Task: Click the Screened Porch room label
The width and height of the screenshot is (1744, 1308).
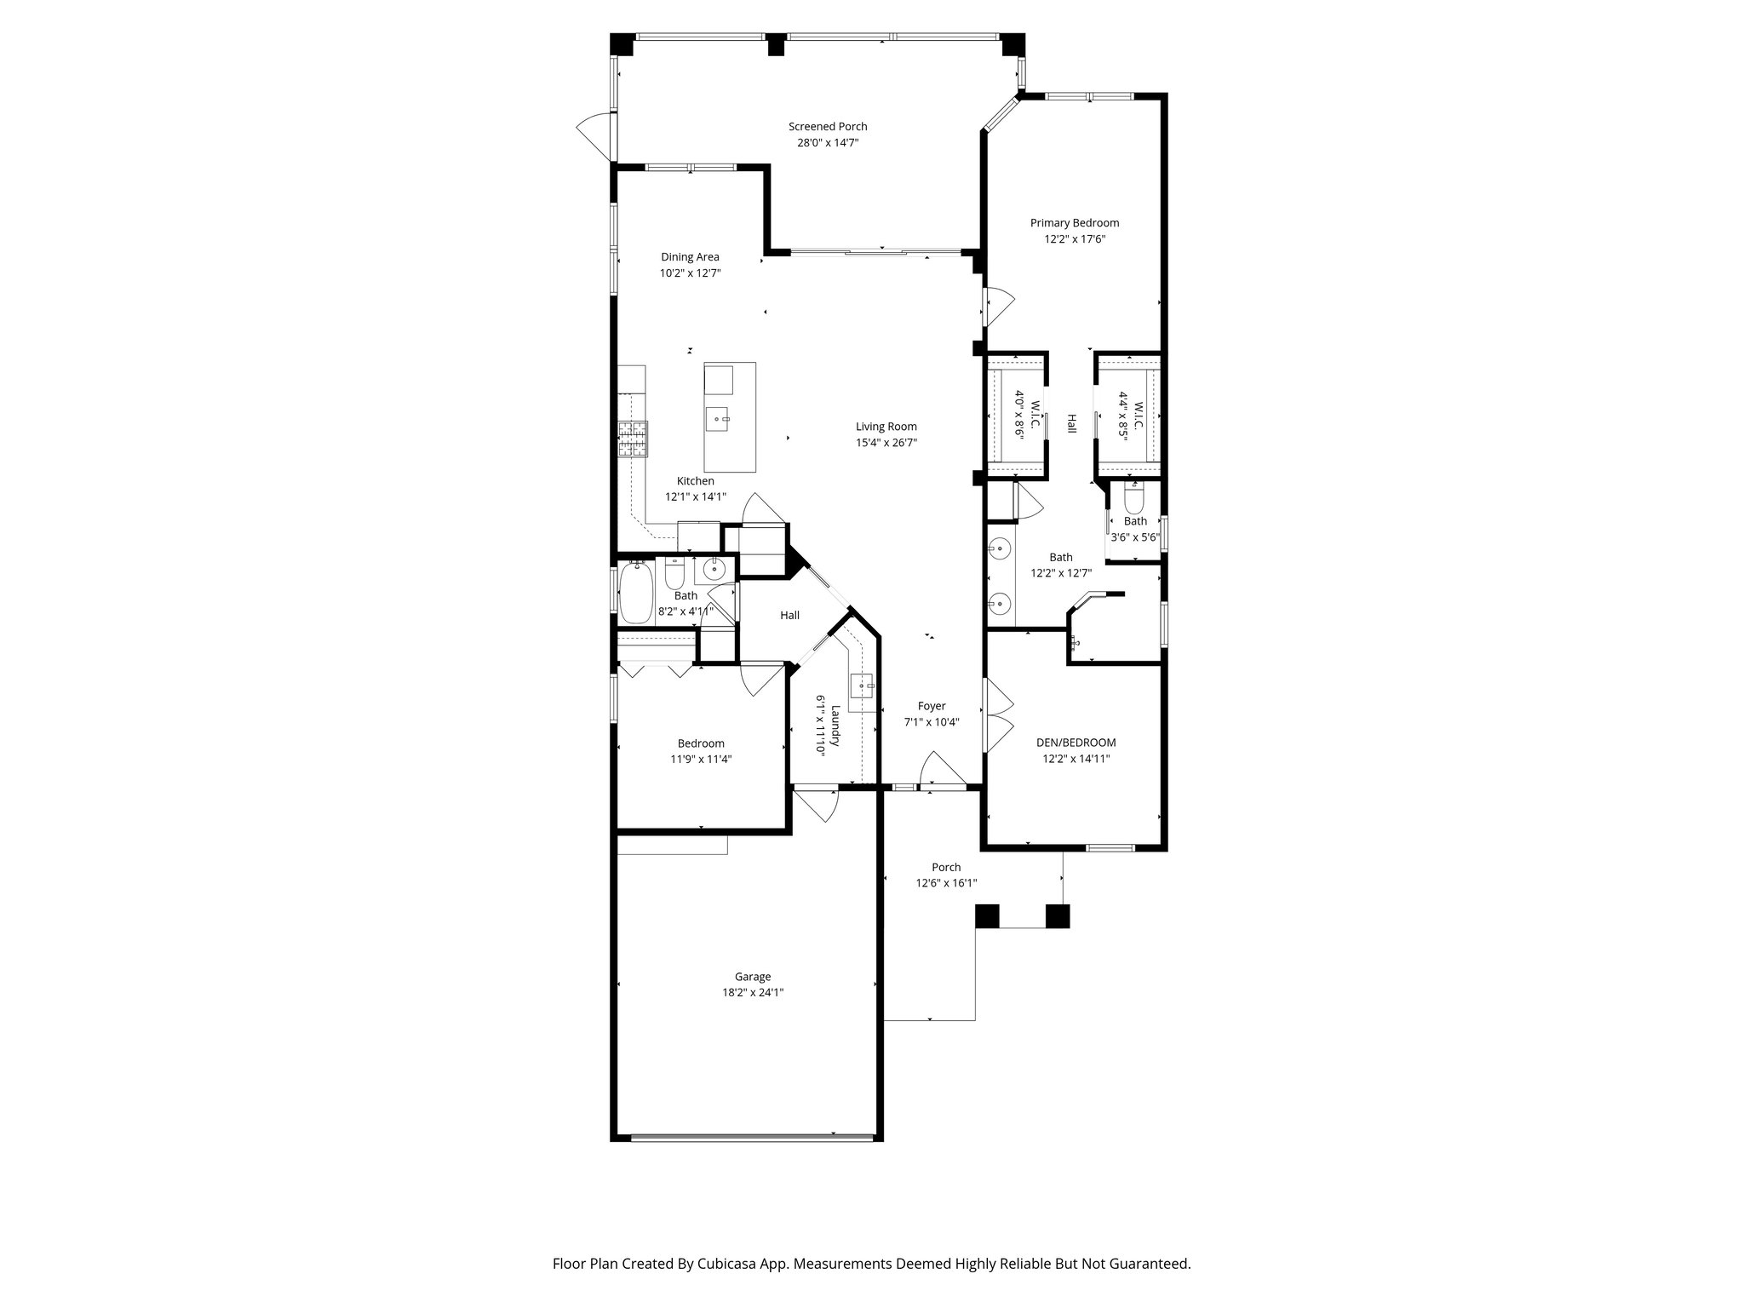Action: [828, 127]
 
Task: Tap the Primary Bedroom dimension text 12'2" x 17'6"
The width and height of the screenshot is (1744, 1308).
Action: [1075, 239]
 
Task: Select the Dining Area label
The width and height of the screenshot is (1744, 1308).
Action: [690, 257]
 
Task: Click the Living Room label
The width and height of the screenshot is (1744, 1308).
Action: [886, 427]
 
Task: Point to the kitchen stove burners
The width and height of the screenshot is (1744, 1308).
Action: [633, 440]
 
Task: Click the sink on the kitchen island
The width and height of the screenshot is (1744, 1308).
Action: [719, 418]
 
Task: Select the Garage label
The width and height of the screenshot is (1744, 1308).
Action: [753, 977]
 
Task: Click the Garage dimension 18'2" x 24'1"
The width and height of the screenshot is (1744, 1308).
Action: [753, 993]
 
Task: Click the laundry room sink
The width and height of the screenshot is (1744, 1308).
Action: [863, 686]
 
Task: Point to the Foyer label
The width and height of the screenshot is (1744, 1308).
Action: [932, 706]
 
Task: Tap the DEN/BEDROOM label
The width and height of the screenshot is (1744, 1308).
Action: [1076, 743]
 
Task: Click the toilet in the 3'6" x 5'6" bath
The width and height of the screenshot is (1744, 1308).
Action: [1134, 496]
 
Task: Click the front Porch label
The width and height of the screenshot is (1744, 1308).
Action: [946, 868]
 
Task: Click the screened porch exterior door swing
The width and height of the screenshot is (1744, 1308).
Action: [594, 136]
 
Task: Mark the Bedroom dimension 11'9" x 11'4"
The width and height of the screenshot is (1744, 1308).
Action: [701, 760]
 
